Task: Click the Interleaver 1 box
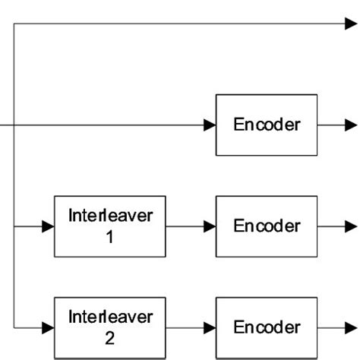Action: click(109, 226)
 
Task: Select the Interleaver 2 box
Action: click(109, 327)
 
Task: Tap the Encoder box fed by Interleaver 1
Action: click(267, 226)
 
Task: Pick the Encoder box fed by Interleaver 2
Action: click(267, 327)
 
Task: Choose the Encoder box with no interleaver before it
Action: click(267, 125)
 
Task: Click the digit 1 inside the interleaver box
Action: click(110, 237)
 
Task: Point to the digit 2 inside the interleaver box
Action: click(110, 339)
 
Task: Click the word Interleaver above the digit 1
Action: click(110, 216)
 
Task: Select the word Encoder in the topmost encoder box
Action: click(267, 125)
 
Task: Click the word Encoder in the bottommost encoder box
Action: click(267, 327)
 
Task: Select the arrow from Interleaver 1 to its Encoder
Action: click(190, 226)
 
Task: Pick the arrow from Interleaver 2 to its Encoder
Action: click(190, 327)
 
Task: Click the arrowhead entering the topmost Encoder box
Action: click(209, 125)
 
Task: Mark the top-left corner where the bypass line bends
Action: click(14, 24)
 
